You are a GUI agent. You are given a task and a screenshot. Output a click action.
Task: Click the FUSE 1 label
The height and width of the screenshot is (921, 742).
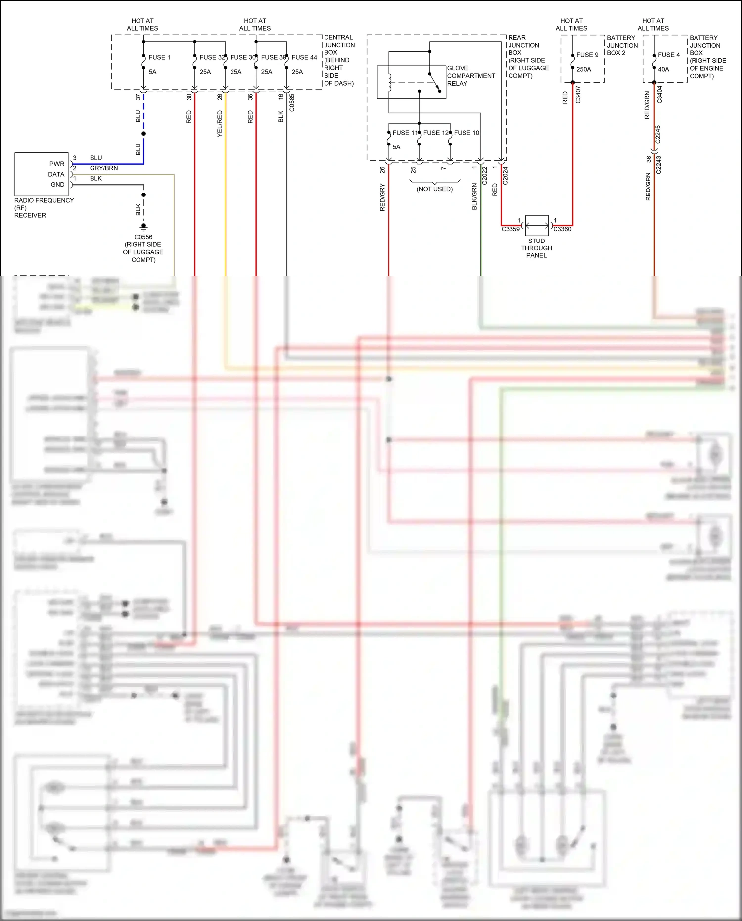point(159,57)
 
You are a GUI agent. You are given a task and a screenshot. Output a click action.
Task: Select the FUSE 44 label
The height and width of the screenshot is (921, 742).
point(304,57)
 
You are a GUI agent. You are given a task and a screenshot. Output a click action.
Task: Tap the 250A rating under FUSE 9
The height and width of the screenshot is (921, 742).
point(584,69)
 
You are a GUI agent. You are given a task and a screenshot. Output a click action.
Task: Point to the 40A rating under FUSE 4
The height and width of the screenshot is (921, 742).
point(663,69)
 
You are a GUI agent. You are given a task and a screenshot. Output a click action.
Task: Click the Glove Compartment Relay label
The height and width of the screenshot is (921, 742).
point(470,76)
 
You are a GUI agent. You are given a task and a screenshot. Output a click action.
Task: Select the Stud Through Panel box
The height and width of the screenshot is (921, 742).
point(537,225)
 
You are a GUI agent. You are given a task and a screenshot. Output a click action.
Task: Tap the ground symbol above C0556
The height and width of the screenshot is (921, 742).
point(144,227)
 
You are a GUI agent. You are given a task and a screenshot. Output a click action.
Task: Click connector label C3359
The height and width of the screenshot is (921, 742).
point(510,229)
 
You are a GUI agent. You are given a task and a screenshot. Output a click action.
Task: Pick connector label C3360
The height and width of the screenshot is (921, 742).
point(562,229)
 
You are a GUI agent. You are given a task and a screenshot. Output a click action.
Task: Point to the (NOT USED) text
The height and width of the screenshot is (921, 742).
point(435,189)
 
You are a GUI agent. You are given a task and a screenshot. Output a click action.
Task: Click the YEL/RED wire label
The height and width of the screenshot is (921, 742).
point(220,124)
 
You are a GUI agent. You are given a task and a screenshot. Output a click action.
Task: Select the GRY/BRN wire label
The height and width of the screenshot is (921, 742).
point(104,168)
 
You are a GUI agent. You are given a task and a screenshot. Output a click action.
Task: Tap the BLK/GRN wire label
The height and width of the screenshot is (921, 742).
point(474,196)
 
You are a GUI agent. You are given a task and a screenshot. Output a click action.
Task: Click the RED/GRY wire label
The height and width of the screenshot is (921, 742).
point(382,197)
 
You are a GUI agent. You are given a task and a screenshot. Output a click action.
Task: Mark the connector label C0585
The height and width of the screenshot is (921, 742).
point(292,102)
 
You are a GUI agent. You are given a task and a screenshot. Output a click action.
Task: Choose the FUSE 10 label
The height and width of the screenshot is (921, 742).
point(466,133)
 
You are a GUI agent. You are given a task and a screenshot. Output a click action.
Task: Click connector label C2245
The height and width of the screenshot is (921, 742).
point(658,134)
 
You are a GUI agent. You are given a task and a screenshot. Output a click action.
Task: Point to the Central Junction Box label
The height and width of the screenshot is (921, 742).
point(339,60)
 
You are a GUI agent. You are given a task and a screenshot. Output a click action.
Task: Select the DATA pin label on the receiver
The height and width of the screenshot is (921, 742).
point(56,174)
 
